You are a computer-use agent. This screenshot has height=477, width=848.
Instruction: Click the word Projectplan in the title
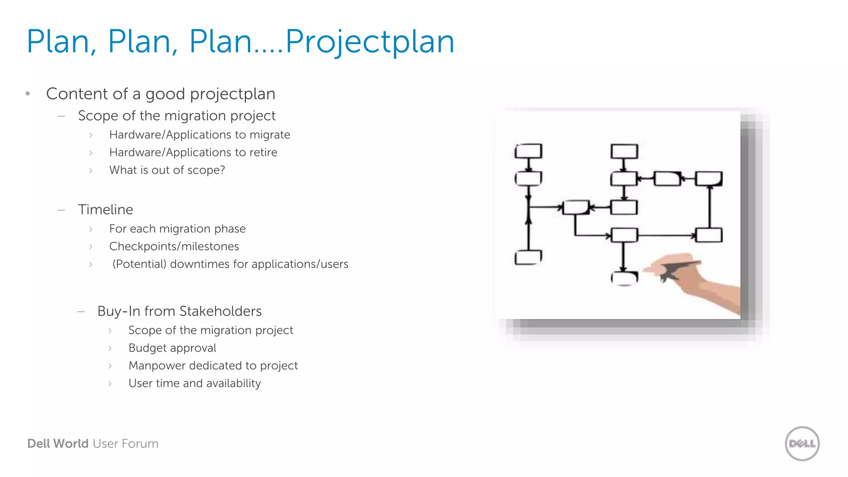click(x=370, y=42)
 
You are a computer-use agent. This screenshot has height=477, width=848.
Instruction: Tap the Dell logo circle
click(x=802, y=443)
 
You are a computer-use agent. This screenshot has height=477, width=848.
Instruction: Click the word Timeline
click(x=106, y=210)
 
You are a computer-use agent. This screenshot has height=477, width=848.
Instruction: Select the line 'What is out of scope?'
click(x=167, y=170)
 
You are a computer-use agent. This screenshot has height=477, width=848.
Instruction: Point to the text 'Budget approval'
click(x=172, y=348)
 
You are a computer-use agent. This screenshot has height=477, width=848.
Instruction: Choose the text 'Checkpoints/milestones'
click(x=174, y=246)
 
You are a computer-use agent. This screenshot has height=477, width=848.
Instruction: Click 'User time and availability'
click(x=195, y=383)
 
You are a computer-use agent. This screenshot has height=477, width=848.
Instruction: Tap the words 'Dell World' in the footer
click(x=58, y=443)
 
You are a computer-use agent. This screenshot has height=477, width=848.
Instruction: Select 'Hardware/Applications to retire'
click(x=193, y=152)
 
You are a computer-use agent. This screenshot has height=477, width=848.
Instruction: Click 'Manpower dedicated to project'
click(x=213, y=366)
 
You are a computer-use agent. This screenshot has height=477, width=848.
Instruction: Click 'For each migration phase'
click(x=177, y=229)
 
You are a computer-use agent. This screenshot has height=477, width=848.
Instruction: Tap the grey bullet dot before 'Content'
click(x=28, y=94)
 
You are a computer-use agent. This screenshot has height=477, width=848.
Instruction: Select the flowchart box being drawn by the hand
click(x=624, y=278)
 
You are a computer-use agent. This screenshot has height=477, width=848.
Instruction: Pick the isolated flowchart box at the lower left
click(x=528, y=257)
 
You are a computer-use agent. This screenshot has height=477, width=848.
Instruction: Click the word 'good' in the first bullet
click(x=165, y=94)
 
